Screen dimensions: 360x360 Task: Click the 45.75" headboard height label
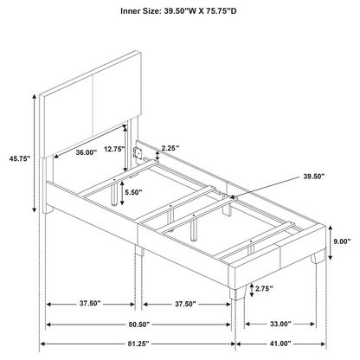coord(20,158)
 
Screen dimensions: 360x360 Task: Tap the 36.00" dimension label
coord(87,152)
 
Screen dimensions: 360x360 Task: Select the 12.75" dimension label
coord(114,149)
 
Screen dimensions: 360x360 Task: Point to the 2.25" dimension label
coord(170,148)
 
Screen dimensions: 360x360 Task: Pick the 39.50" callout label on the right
coord(314,177)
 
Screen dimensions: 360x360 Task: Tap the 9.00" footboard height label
coord(342,241)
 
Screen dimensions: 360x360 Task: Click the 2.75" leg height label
coord(264,288)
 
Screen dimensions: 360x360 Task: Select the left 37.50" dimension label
coord(90,303)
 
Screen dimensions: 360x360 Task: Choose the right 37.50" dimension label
coord(185,304)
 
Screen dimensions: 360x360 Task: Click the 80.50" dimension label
coord(139,325)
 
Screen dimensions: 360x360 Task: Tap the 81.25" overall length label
coord(139,344)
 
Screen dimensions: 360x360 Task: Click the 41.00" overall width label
coord(280,344)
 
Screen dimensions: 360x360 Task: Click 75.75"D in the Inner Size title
coord(221,11)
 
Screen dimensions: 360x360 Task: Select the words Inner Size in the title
coord(140,11)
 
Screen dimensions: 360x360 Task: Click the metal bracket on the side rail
coord(138,152)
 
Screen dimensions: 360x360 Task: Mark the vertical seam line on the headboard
coord(93,106)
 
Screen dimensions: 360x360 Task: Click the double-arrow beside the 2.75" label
coord(252,290)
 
